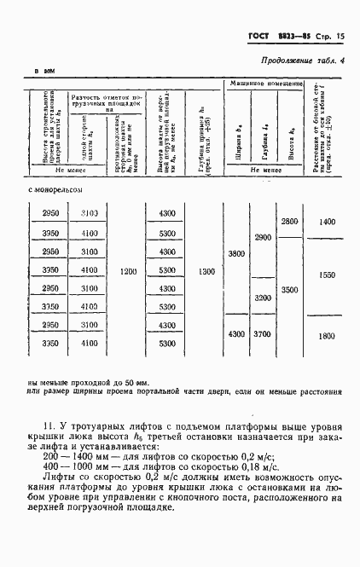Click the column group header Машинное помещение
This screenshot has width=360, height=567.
(x=265, y=84)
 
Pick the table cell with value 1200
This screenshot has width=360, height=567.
(x=129, y=271)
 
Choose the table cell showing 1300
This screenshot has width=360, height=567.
(x=205, y=271)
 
